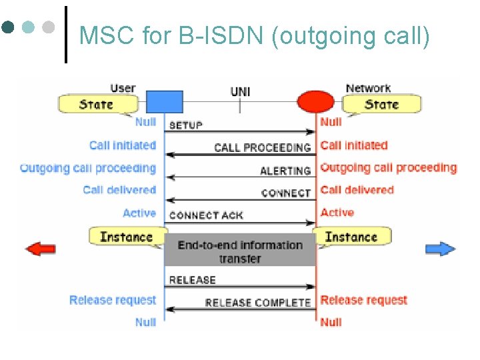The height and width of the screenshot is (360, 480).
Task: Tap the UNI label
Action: [240, 91]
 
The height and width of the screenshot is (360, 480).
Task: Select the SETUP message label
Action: [186, 125]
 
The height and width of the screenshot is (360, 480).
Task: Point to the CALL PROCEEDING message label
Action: [263, 147]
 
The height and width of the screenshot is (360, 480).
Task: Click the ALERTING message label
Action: [285, 171]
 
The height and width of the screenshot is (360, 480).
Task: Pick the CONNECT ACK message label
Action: [206, 215]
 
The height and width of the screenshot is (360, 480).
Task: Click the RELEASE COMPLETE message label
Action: [258, 303]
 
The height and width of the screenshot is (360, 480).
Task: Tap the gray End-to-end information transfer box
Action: [240, 251]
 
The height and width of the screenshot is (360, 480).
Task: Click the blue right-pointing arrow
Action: [441, 249]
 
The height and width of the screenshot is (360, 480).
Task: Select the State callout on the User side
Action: [97, 104]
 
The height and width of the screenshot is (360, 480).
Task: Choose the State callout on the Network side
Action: [382, 104]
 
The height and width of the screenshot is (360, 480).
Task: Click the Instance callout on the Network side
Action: [351, 237]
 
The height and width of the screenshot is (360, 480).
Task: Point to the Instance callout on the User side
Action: [126, 237]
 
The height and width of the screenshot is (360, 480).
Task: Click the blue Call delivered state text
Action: [119, 190]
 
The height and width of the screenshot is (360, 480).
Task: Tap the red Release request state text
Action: [363, 300]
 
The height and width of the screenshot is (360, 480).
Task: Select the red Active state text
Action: [337, 213]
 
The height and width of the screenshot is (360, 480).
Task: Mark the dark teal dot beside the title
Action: [8, 27]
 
